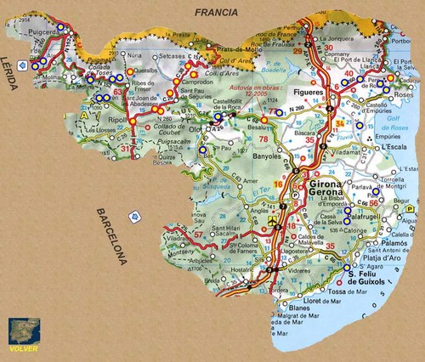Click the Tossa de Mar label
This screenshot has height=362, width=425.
348,292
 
